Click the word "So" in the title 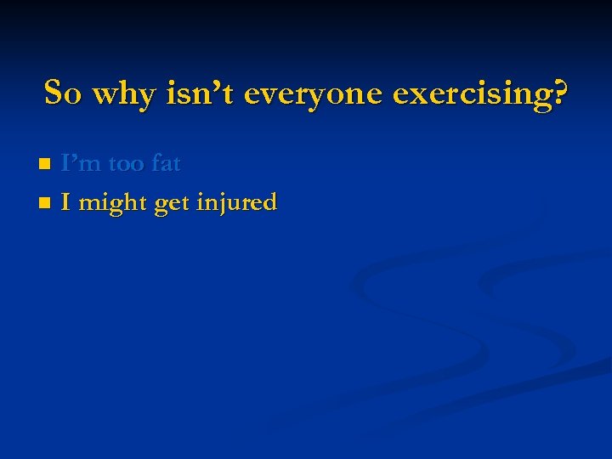62,93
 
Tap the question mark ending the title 560,93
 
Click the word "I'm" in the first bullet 79,163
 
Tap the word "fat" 166,163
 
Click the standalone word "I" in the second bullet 65,202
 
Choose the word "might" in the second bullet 112,204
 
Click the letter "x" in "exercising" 413,95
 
